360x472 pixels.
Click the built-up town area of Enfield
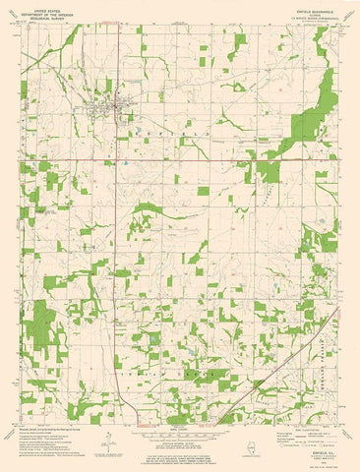107,100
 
